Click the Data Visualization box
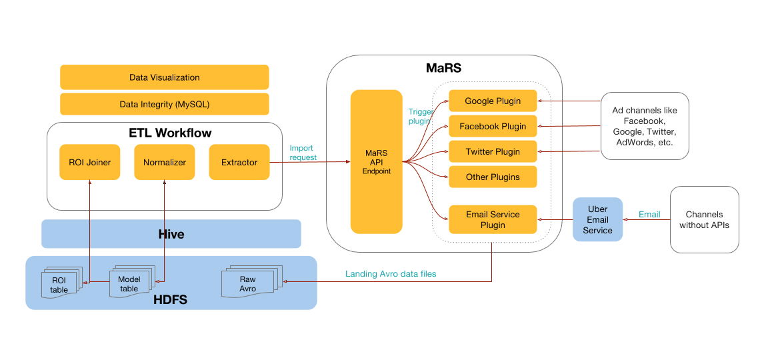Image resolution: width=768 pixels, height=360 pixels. pos(164,77)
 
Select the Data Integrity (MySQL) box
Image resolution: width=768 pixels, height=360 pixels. pos(164,104)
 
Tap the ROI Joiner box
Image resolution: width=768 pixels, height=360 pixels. pos(89,162)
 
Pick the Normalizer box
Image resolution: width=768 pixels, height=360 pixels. pos(165,162)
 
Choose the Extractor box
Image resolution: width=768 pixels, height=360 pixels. pos(239,162)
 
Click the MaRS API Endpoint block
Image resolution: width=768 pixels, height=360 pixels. pos(376,162)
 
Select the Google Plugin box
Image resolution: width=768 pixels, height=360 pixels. pos(493,101)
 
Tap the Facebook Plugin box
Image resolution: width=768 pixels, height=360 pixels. pos(493,126)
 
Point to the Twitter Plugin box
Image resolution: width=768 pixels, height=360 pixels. pos(493,152)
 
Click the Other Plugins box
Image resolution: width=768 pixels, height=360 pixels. pos(493,177)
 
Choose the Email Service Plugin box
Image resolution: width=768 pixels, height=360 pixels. pos(493,219)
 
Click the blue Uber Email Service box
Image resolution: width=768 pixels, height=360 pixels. pos(597,219)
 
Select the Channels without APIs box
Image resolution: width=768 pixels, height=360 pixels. pos(704,220)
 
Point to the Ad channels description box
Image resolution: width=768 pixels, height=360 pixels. pos(644,126)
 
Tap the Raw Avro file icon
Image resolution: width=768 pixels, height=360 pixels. pos(248,283)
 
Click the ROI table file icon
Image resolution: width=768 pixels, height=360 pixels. pos(60,285)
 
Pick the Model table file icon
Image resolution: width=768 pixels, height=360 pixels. pos(129,283)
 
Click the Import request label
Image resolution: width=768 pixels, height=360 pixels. pos(303,153)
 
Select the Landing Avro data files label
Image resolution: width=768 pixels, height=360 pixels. pos(391,274)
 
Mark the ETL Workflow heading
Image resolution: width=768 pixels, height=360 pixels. pos(170,133)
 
